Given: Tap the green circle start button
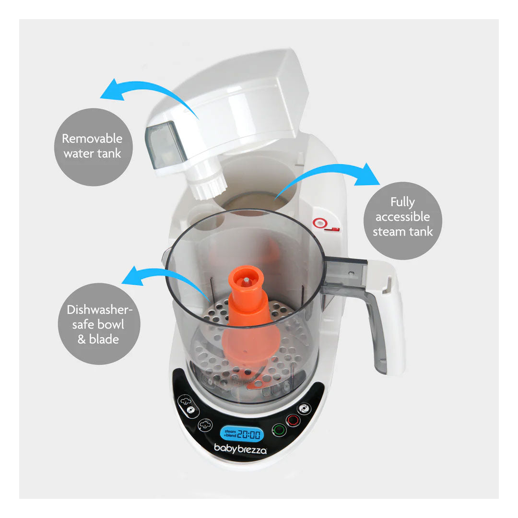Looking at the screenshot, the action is click(x=279, y=430).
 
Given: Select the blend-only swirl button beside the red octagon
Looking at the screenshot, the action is click(x=304, y=409).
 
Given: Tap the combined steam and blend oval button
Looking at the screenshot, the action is click(x=188, y=406).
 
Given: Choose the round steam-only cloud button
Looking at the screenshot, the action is click(x=205, y=425).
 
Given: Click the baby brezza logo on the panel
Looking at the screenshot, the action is click(x=240, y=448).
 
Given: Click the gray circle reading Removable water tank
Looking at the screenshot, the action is click(x=93, y=147).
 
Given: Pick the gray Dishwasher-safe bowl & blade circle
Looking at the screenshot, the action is click(x=99, y=324).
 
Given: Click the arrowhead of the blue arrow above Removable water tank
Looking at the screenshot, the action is click(x=112, y=90).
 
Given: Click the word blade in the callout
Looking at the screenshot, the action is click(x=104, y=339).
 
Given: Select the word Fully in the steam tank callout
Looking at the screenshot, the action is click(x=402, y=202).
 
